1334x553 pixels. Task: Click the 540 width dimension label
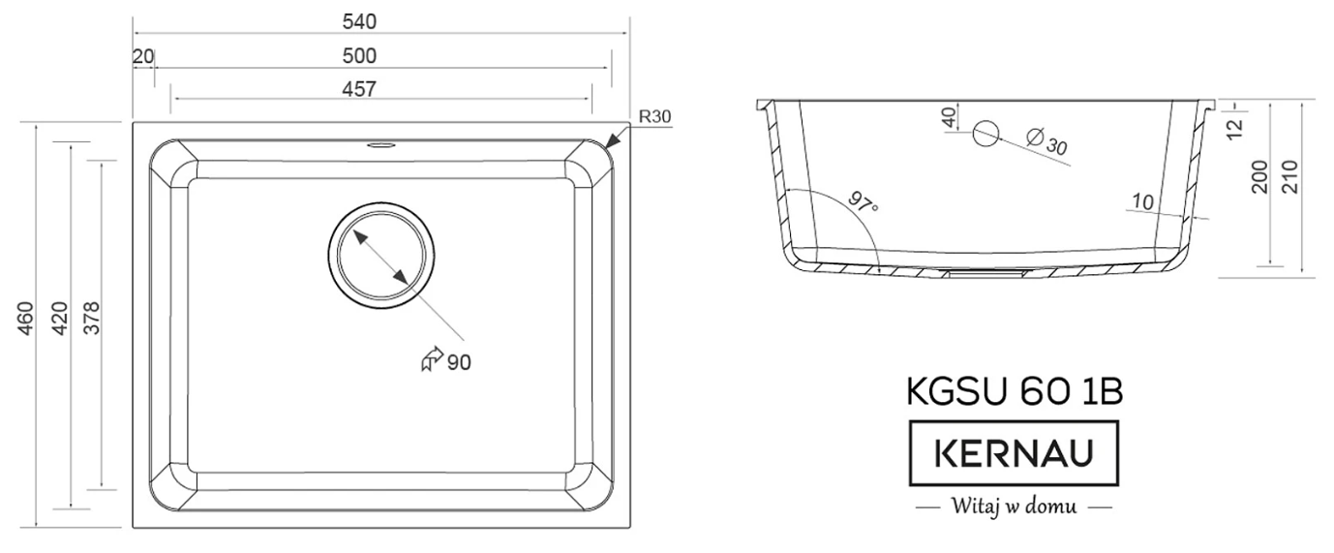pos(359,22)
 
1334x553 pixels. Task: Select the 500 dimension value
pos(359,56)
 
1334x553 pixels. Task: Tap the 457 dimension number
pos(359,89)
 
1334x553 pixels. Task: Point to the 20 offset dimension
pos(143,56)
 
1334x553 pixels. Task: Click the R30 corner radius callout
pos(654,117)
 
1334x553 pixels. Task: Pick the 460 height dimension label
pos(27,319)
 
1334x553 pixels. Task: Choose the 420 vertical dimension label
pos(60,319)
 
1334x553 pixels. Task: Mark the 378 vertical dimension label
pos(92,319)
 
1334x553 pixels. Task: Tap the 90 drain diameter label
pos(459,362)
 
